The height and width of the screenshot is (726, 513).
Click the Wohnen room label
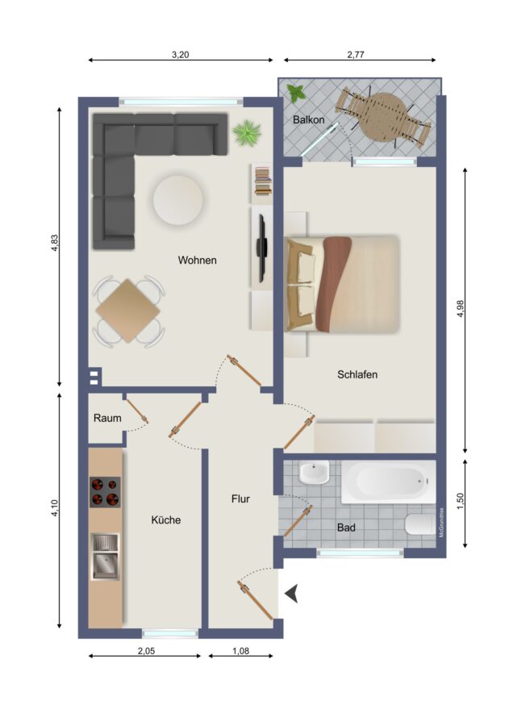(198, 261)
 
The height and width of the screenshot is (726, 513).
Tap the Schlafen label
(357, 374)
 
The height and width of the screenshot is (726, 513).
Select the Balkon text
(308, 120)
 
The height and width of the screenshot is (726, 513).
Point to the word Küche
(165, 520)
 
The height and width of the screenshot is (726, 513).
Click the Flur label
(240, 499)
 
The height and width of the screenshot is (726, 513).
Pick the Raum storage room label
(107, 418)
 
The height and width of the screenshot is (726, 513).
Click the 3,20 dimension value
(180, 55)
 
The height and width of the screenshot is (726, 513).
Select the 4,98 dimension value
(461, 309)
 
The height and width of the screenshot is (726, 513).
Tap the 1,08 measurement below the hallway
(240, 651)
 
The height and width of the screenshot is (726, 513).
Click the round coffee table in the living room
(178, 199)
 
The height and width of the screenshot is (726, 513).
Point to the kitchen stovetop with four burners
(105, 492)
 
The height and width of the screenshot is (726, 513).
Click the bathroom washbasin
(314, 472)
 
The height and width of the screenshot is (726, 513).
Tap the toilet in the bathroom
(420, 524)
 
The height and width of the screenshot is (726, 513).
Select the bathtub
(389, 482)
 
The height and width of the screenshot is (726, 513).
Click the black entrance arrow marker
(292, 594)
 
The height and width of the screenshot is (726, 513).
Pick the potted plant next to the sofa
(247, 133)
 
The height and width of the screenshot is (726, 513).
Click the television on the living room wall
(262, 248)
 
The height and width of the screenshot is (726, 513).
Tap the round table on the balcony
(383, 117)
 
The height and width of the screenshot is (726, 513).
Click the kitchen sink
(105, 557)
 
